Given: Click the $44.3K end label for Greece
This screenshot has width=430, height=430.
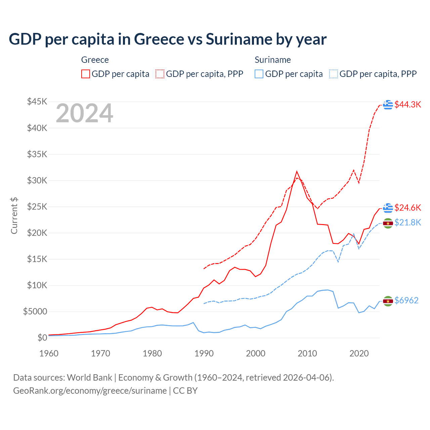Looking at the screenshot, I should [407, 104].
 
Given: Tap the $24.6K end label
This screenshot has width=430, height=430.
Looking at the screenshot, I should [407, 208].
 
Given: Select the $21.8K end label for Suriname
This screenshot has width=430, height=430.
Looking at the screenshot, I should [407, 222].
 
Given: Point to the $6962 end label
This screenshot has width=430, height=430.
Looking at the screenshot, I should [406, 300].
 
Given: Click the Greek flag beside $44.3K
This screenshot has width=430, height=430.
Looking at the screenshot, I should [388, 104].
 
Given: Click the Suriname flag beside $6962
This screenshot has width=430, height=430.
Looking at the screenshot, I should [388, 301].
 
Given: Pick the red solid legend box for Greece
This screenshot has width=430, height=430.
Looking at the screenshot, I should [86, 74].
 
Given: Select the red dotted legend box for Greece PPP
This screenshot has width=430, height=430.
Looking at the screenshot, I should [160, 74].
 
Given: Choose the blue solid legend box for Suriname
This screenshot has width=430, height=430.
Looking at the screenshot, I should [259, 74].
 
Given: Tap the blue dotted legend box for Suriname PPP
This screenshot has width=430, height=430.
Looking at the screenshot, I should [334, 74].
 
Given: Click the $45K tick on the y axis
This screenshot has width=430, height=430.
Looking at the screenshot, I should [37, 101].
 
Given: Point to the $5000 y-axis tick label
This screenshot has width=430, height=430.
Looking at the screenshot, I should [35, 311].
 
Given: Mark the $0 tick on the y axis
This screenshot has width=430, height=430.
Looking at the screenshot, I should [42, 338].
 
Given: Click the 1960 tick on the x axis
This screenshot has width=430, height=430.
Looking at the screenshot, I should [49, 353].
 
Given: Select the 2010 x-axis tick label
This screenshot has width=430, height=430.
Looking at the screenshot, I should [307, 353].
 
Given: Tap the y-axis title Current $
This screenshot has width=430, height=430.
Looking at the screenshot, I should [14, 216].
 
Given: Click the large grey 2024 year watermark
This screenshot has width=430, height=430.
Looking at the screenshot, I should [84, 113].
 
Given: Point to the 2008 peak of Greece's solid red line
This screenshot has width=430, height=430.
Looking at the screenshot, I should [297, 171].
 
